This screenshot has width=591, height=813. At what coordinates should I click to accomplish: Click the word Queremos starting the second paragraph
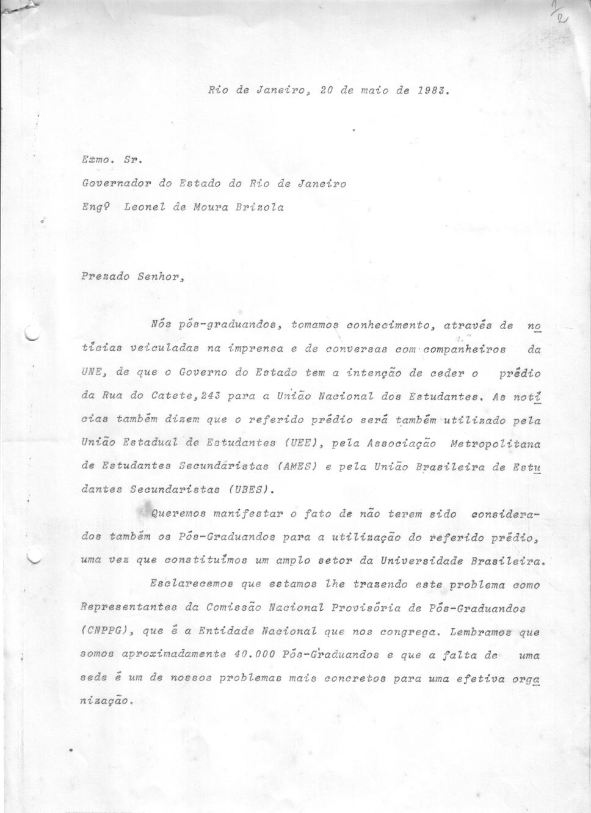[x=177, y=514]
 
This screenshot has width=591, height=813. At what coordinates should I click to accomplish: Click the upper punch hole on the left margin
[x=31, y=333]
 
